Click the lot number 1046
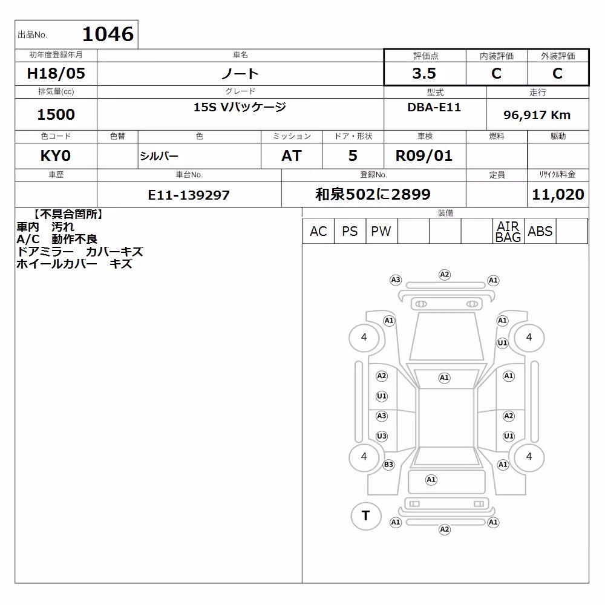[x=108, y=34]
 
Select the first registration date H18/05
[x=56, y=73]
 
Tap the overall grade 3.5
[x=424, y=73]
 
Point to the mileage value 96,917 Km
[x=537, y=115]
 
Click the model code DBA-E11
[x=434, y=107]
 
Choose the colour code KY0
[x=56, y=156]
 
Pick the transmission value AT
[x=292, y=156]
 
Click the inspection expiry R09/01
[x=423, y=156]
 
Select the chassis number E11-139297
[x=189, y=195]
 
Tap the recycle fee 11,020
[x=558, y=194]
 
